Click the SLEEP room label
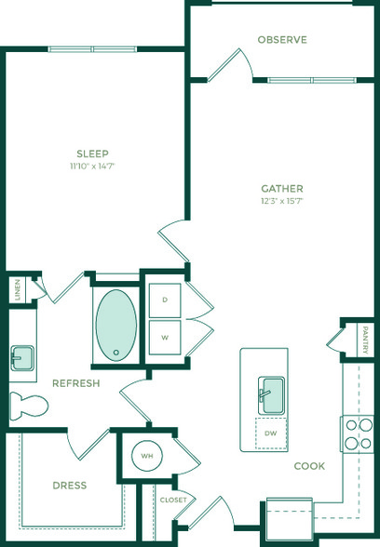point(92,153)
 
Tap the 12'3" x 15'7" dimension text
point(282,201)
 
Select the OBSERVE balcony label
point(282,40)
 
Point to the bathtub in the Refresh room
point(116,326)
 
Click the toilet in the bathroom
point(29,406)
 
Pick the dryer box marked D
point(165,300)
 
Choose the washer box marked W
point(165,338)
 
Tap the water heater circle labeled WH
point(147,456)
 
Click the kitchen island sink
point(271,395)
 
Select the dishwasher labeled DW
point(271,434)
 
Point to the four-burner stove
point(359,434)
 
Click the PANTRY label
point(365,340)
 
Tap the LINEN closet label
point(18,289)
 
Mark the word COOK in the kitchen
point(309,466)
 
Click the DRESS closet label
point(70,486)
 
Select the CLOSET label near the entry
point(173,500)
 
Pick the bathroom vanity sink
point(22,358)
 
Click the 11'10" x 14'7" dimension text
point(92,166)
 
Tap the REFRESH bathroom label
point(76,383)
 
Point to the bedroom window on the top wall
point(92,49)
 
